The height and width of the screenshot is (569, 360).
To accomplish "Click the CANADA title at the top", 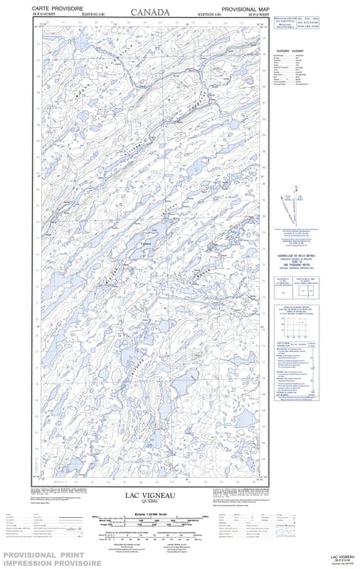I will point(150,12).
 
